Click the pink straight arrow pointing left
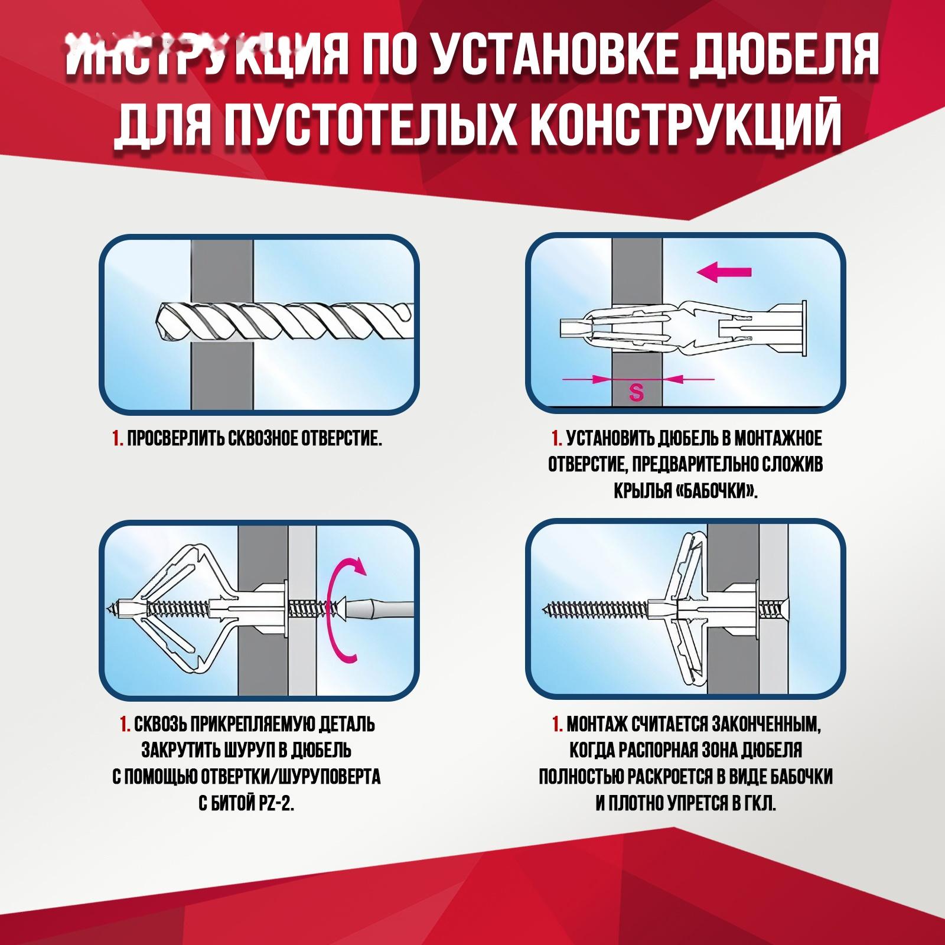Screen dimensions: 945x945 [x=724, y=272]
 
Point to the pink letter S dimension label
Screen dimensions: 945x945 [x=636, y=392]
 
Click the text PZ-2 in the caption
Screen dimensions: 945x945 [x=273, y=804]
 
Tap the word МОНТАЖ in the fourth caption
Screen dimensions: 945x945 [x=594, y=724]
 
